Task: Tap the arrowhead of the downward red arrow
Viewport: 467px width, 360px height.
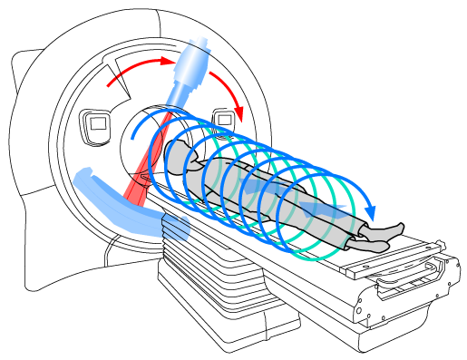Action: point(241,112)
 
